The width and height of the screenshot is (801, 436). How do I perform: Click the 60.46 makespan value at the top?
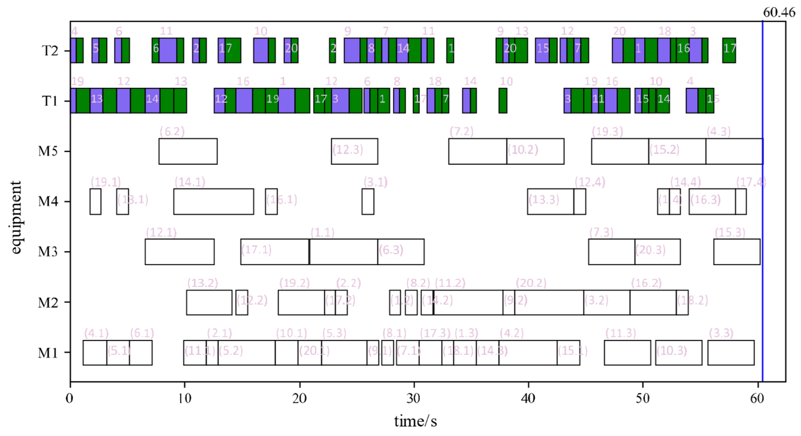779,12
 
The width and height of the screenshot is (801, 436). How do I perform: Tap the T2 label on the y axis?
50,51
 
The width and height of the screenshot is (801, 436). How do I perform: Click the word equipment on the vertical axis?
15,218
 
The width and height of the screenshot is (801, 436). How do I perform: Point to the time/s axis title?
416,421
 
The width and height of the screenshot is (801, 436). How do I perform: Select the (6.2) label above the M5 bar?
172,132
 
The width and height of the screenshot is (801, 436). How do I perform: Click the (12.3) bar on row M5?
354,151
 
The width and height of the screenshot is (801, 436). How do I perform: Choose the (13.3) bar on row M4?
550,201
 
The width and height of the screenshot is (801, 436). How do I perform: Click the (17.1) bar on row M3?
275,252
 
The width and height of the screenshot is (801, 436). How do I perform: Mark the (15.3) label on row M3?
730,232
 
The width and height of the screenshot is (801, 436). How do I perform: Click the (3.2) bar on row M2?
606,302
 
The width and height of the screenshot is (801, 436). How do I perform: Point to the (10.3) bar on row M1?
679,352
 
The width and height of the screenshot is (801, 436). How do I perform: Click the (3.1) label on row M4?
375,182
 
